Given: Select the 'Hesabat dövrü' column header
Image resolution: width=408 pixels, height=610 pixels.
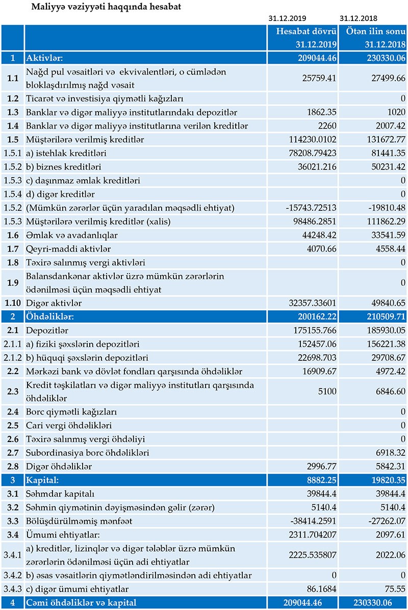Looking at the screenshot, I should [305, 32].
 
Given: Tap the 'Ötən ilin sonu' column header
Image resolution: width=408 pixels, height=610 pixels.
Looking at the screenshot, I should [375, 32].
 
